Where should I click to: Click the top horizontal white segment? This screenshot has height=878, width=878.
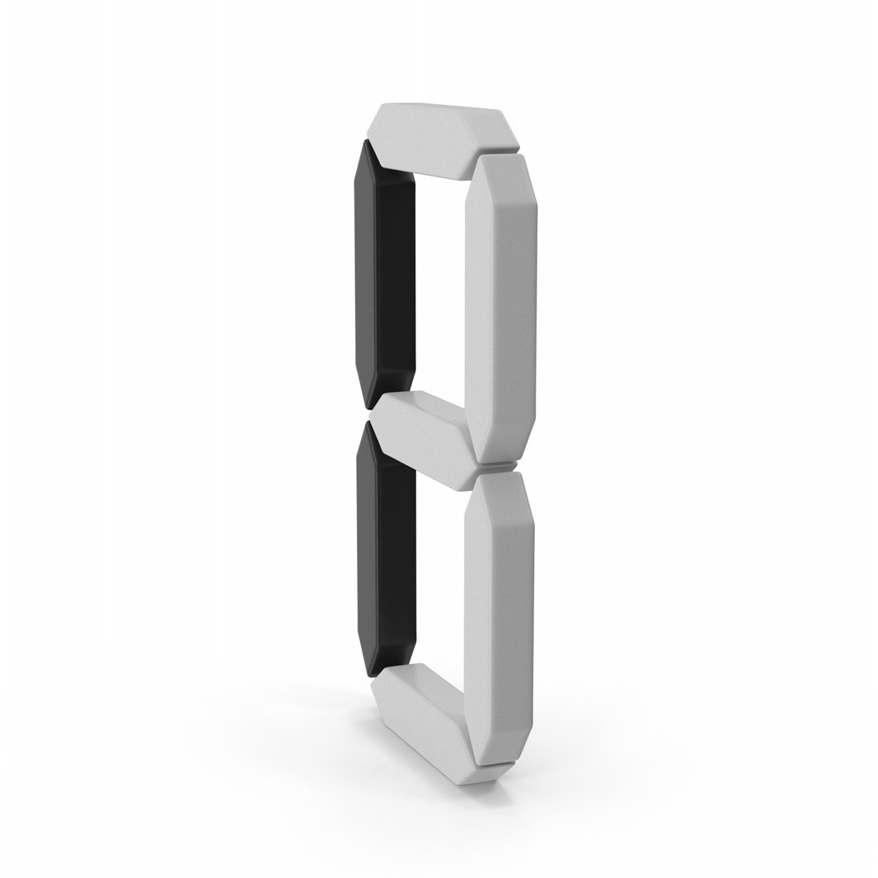tap(442, 140)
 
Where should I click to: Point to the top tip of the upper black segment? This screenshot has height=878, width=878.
tap(367, 140)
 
